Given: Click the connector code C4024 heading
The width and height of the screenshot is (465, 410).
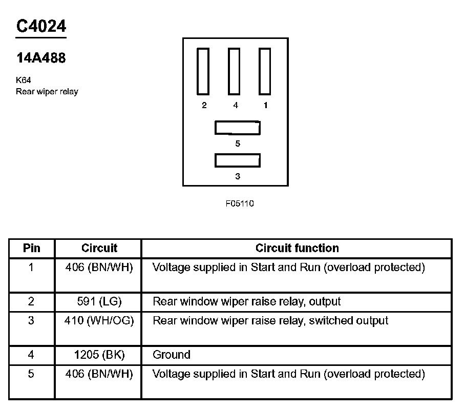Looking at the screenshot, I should pos(41,27).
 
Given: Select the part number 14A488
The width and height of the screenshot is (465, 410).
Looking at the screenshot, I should pos(41,58).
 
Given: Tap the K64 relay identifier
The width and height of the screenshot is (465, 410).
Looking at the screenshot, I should pos(24,80).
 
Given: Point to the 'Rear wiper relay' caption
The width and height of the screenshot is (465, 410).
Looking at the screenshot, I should pos(47,92).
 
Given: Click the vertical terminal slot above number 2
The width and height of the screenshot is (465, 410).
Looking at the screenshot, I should pos(203,71).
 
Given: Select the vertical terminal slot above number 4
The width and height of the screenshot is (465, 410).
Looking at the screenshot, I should pos(234,71).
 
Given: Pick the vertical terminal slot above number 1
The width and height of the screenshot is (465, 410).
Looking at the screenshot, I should pos(264,71).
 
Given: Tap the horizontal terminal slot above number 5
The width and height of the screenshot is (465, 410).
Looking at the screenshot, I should pos(237,128).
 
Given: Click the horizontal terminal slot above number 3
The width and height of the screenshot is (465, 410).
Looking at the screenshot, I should pos(237,160).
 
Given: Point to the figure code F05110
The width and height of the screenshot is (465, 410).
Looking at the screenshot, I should pos(240,203).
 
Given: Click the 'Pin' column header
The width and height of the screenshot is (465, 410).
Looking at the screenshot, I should pos(32,249).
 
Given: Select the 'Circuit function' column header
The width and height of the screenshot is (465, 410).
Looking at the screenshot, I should pos(297,249).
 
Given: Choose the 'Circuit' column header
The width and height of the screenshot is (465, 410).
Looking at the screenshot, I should pos(99,249).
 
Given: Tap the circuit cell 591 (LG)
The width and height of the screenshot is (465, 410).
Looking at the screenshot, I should pos(99,302).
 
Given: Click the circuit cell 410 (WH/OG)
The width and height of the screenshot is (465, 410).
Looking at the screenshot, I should pos(99,321).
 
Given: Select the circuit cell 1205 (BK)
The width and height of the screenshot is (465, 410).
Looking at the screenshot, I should pos(99,355).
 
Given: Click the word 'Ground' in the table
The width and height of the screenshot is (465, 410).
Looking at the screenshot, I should pos(172,355).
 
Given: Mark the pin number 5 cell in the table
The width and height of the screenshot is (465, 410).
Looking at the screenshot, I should pos(31,374).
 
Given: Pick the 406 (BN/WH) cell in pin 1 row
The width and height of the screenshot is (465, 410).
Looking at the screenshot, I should pos(99,268).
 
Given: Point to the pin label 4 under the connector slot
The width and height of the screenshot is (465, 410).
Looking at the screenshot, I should pos(236,106).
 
